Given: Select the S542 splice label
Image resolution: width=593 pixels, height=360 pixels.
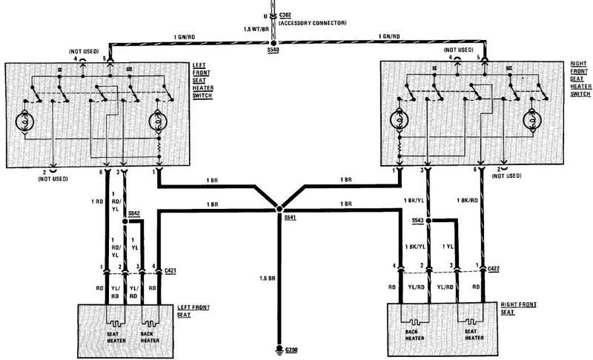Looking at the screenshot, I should (133, 213).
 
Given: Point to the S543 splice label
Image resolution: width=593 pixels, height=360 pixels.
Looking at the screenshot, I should (417, 221).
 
